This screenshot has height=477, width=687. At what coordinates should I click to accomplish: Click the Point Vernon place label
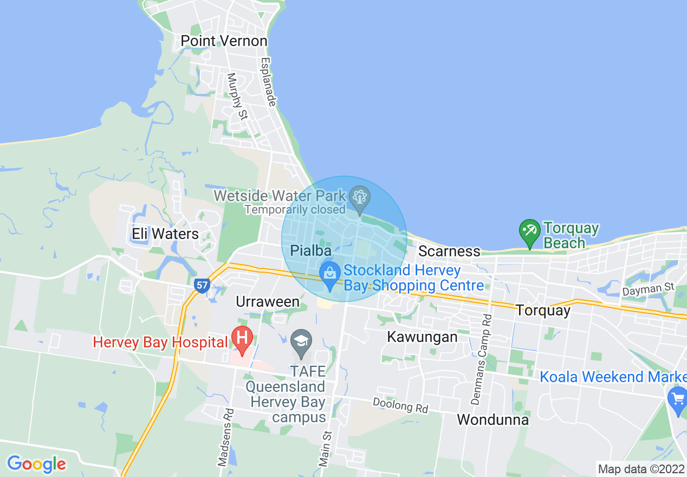coord(224,41)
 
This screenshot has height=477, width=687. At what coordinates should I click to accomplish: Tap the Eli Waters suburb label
coord(165,234)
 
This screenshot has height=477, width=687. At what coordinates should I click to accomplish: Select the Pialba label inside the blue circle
coord(310,250)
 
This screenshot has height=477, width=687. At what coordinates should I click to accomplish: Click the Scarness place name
coord(449,251)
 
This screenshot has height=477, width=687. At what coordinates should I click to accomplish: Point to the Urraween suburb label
coord(268,302)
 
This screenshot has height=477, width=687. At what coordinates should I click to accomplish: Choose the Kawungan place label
coord(422,337)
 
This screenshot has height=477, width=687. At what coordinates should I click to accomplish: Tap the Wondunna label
coord(492,420)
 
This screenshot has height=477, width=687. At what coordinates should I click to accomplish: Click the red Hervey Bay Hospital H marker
coord(242,338)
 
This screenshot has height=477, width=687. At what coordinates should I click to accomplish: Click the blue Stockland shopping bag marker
coord(329,274)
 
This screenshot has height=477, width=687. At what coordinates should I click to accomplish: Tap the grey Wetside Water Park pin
coord(359,197)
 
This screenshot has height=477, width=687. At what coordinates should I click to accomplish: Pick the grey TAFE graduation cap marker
coord(301,341)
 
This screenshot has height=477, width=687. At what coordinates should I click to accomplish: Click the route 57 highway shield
coord(202,285)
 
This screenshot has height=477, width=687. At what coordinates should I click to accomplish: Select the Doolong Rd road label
coord(400,405)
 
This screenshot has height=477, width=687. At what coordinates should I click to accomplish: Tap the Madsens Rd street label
coord(225,437)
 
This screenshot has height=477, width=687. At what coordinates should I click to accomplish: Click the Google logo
coord(36,464)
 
